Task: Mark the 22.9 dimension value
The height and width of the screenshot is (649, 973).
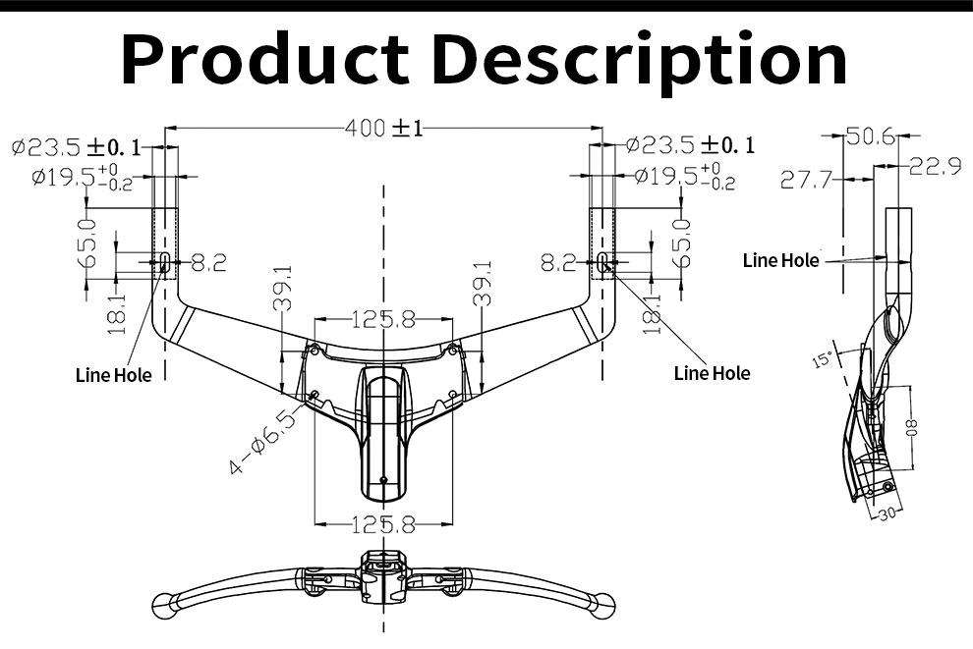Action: coord(934,166)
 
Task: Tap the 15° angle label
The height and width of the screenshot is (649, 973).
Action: coord(823,360)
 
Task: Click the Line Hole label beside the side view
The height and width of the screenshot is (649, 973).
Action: coord(780,260)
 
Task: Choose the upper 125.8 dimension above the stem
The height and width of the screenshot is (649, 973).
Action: coord(383,319)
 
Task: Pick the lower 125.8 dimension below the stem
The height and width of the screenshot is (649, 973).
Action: coord(383,525)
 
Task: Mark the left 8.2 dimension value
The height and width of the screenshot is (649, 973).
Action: coord(207,262)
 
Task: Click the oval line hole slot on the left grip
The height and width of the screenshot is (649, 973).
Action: coord(164,260)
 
